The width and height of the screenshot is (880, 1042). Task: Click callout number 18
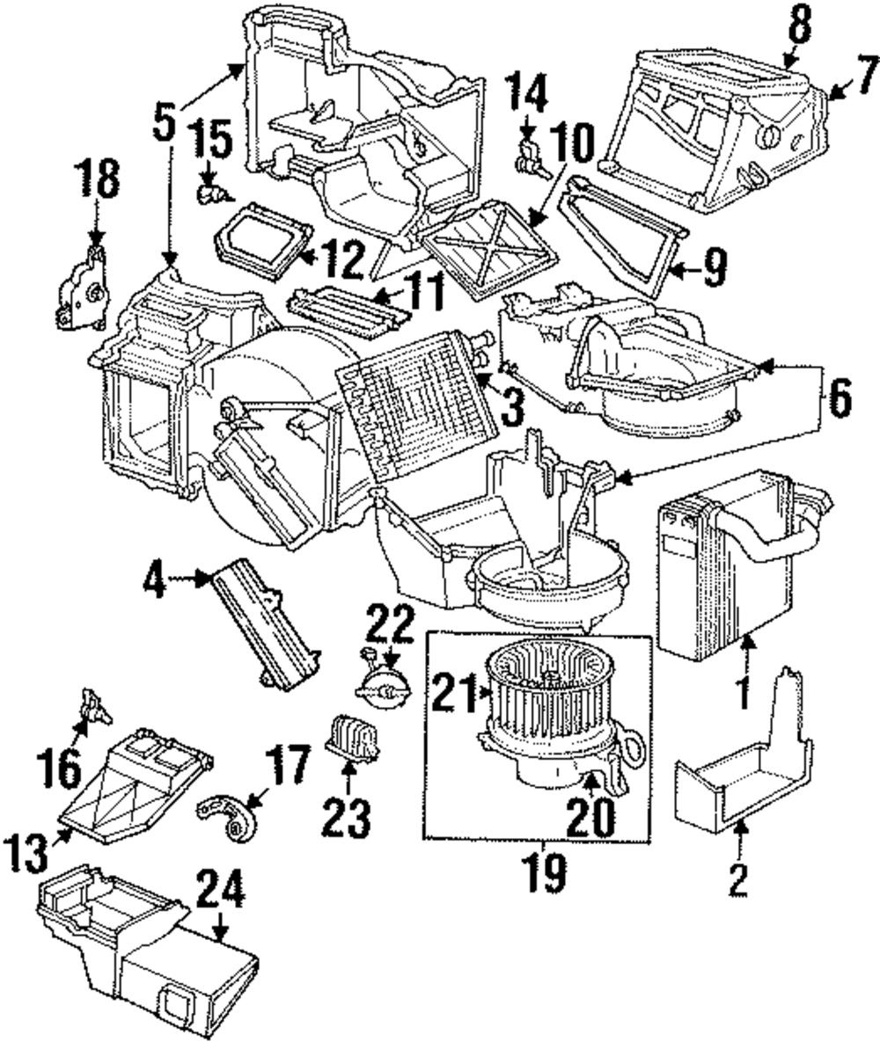(97, 184)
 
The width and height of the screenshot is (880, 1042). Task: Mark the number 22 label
(390, 628)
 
